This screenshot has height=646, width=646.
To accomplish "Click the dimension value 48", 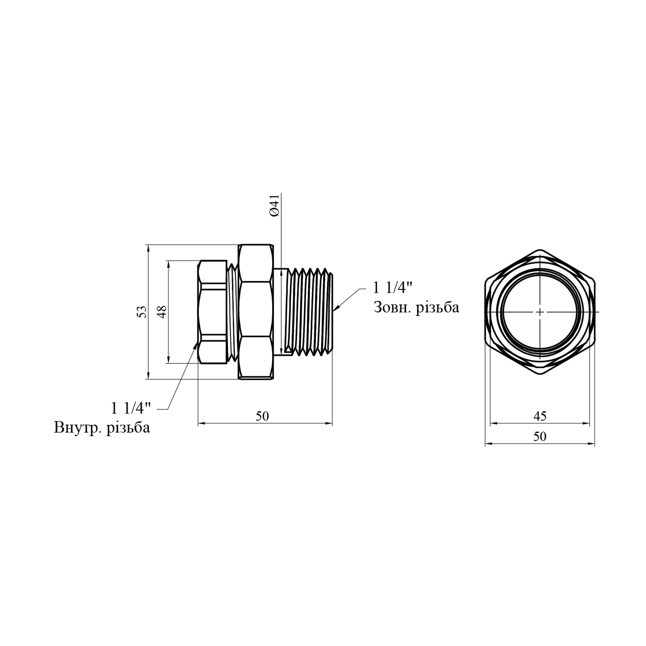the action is (x=162, y=312).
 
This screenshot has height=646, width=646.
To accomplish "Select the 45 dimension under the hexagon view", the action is (x=540, y=416).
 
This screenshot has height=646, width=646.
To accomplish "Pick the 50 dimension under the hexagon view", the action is (x=540, y=436).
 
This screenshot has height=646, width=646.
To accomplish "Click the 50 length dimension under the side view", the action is (x=262, y=416).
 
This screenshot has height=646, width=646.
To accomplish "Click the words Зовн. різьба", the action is (x=416, y=307).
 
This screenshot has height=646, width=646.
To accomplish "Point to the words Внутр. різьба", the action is (x=102, y=428).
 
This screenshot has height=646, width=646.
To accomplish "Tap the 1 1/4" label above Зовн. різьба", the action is (x=393, y=287).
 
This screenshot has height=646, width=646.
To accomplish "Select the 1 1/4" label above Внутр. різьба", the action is (x=131, y=407).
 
